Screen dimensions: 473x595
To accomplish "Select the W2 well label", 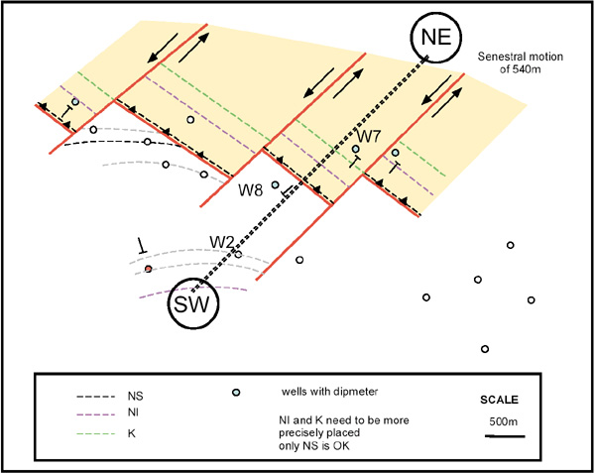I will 220,242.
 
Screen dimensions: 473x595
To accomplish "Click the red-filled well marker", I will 148,269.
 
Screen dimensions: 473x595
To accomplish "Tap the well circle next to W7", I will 356,149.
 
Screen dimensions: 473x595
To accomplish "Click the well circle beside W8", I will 276,184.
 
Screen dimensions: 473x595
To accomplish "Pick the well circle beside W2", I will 238,254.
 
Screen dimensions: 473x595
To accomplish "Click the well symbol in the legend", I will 236,393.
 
